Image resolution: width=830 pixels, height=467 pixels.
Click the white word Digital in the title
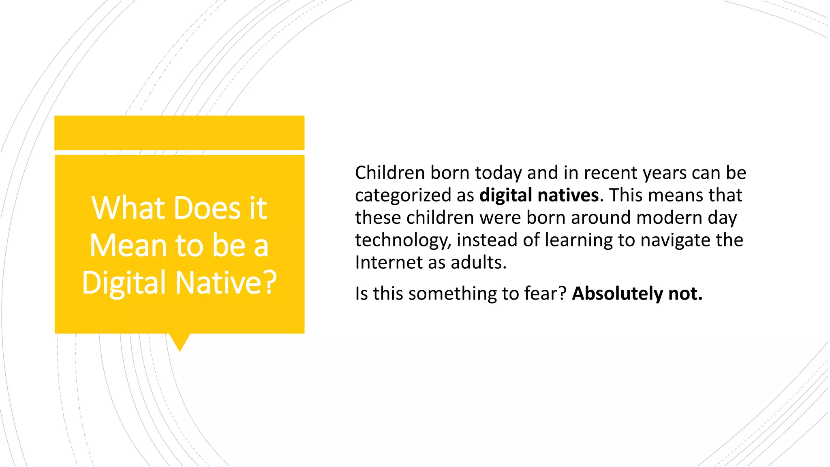(x=125, y=283)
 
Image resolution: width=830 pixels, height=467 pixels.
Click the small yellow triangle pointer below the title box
(x=180, y=342)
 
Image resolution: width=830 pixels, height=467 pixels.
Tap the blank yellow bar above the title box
(x=179, y=133)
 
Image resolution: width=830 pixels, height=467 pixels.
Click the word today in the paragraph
(x=498, y=173)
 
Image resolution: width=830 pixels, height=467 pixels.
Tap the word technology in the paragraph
(x=403, y=240)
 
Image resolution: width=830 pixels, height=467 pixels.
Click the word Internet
(x=389, y=263)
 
